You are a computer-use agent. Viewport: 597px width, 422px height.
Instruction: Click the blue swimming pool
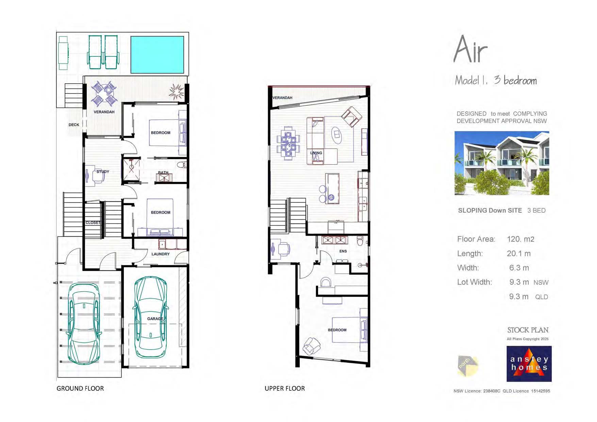click(x=157, y=55)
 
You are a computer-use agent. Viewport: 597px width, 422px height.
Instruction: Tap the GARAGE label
click(x=155, y=319)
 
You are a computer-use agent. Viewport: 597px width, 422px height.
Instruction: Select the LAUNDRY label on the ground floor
click(x=160, y=254)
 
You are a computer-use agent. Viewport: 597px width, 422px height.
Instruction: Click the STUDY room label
click(x=103, y=172)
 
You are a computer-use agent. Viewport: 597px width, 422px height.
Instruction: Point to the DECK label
click(x=74, y=125)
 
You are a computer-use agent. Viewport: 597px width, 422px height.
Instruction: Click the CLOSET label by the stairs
click(x=93, y=223)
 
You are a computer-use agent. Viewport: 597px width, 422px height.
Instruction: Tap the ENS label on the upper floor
click(x=343, y=251)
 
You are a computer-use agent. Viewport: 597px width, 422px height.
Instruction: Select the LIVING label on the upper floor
click(x=316, y=153)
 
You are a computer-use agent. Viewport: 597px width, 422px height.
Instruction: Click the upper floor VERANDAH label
click(x=282, y=98)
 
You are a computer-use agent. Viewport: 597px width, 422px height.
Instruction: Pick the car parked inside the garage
click(x=151, y=317)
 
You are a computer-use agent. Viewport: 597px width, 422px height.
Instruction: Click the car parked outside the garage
click(x=84, y=323)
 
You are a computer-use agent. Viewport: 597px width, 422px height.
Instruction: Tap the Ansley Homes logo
click(x=529, y=364)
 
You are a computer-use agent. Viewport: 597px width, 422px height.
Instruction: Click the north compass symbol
click(x=467, y=366)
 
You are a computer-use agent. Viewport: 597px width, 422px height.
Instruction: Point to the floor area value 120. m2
click(x=520, y=239)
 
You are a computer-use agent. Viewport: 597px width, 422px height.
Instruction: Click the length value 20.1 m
click(x=518, y=253)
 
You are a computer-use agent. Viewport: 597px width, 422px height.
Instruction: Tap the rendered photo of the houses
click(x=501, y=163)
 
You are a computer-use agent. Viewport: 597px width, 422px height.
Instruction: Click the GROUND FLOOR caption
click(x=80, y=388)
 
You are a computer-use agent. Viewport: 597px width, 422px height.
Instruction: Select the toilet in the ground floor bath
click(x=182, y=165)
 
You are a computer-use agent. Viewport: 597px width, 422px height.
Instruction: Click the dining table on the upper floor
click(x=288, y=143)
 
